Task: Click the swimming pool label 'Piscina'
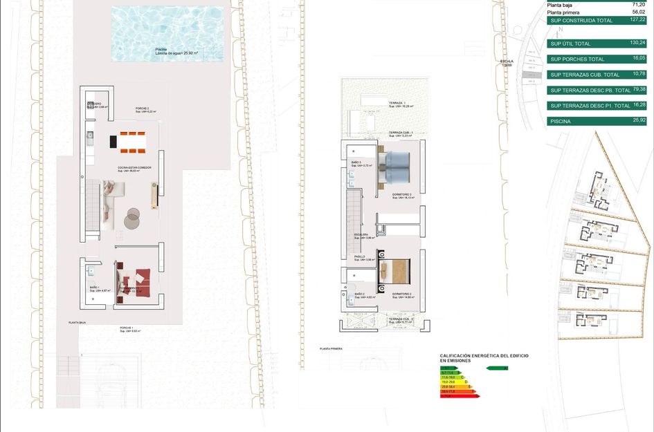click(161, 49)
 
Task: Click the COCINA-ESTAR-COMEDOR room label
click(134, 168)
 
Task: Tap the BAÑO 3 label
click(357, 162)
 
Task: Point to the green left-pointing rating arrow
click(498, 368)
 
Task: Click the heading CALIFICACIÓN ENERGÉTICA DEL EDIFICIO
click(484, 355)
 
